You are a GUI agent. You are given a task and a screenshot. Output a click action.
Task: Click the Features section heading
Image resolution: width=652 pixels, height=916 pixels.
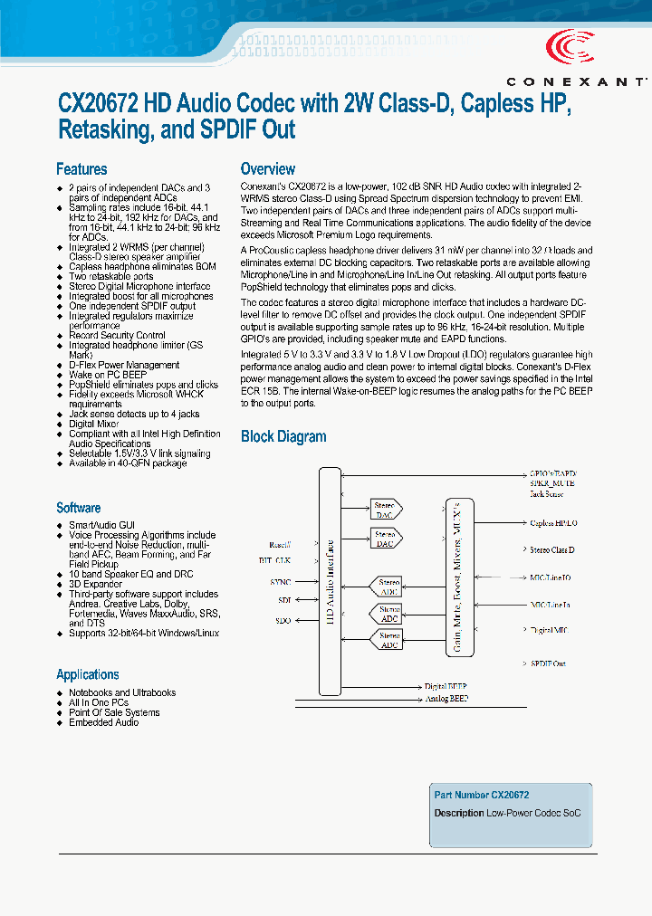pos(81,169)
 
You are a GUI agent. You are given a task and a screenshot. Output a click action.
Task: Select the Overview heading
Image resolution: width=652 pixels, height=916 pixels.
pos(267,168)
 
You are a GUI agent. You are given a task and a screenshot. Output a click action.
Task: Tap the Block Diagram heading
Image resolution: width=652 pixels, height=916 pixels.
pos(283,436)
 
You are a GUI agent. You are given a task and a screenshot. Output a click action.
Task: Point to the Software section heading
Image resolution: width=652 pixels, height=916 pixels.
pos(78,508)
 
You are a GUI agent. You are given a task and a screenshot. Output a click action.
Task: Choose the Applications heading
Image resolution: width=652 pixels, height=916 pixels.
pos(87,674)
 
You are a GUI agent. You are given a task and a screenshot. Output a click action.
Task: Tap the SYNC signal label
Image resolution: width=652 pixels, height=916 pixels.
pos(280,582)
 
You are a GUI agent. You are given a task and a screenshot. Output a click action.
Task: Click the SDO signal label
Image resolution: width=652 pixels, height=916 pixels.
pos(283,621)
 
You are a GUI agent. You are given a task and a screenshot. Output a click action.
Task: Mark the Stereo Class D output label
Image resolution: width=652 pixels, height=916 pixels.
pos(551,550)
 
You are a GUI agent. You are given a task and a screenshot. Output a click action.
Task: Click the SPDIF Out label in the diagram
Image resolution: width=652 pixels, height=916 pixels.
pos(548,663)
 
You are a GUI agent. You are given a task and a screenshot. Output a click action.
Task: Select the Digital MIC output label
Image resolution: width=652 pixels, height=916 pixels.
pos(550,628)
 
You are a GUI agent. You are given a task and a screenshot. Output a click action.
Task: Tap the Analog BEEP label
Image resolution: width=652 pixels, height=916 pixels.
pos(446,699)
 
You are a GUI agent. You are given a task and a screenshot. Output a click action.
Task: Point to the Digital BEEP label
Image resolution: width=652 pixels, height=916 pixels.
pos(446,686)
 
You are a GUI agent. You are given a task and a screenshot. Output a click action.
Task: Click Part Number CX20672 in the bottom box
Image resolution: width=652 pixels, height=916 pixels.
pos(481,795)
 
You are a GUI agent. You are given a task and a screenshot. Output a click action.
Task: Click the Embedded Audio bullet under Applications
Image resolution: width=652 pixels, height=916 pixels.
pos(104,722)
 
